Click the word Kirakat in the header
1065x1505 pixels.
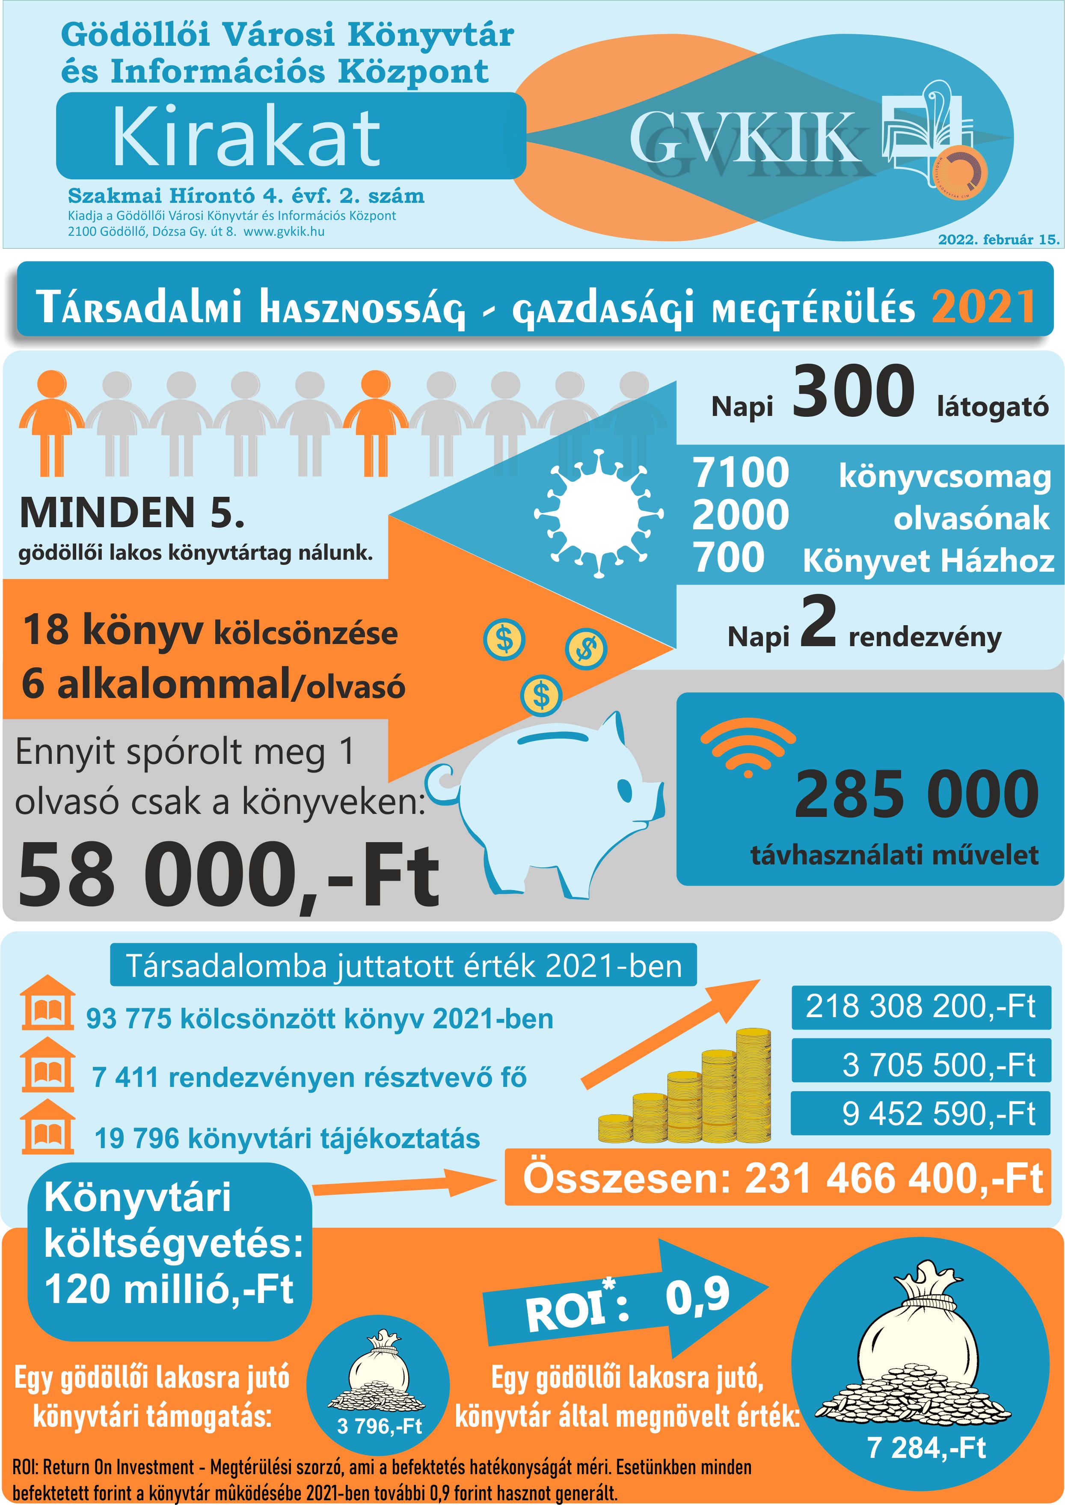point(246,137)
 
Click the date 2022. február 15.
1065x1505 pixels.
point(998,239)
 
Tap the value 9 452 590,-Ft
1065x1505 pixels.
point(938,1113)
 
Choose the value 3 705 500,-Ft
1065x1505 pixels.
point(938,1064)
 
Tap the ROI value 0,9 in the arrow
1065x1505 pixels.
point(697,1296)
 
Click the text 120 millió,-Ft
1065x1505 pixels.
point(169,1289)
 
